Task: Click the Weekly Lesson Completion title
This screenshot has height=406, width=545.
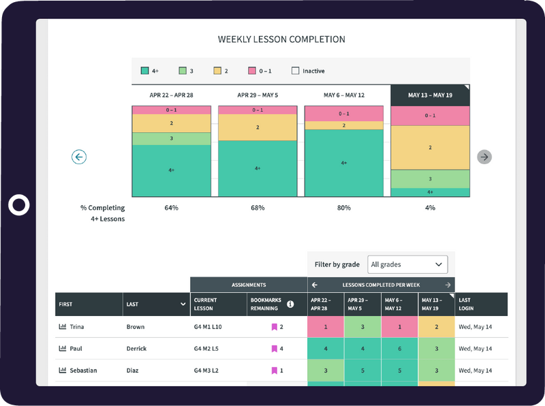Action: click(281, 40)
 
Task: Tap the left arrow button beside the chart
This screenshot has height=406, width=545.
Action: click(79, 157)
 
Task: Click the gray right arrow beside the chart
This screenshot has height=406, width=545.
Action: click(484, 157)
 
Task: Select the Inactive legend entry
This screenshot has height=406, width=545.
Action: click(308, 71)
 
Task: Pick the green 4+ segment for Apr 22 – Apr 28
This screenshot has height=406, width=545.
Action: click(171, 170)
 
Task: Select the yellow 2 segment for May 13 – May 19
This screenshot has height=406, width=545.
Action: click(430, 147)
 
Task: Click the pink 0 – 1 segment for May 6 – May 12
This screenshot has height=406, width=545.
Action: click(344, 114)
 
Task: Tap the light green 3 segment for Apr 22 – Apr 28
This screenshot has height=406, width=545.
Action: click(171, 138)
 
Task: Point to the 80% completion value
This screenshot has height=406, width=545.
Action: click(343, 208)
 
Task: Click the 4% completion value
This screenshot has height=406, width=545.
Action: click(430, 208)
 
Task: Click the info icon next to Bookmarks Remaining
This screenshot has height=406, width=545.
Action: click(290, 304)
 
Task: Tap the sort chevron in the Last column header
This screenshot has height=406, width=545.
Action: click(183, 304)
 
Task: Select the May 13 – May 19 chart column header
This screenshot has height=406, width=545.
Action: click(430, 95)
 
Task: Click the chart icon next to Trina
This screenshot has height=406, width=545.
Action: click(63, 327)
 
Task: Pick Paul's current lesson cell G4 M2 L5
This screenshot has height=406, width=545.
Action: click(207, 349)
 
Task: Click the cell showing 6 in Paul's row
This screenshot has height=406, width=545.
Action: click(399, 349)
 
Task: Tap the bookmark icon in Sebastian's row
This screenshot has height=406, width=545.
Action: click(274, 371)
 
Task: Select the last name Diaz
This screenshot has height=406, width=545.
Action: click(136, 371)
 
